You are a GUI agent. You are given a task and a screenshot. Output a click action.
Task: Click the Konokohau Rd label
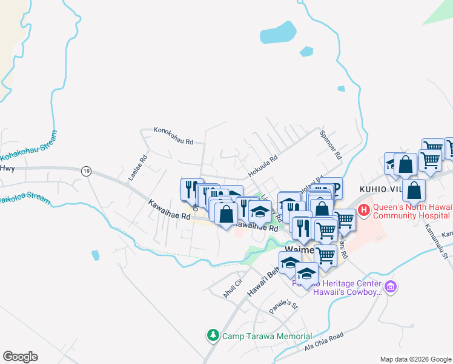tap(173, 135)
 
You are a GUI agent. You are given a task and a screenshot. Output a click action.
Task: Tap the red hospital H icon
tap(364, 211)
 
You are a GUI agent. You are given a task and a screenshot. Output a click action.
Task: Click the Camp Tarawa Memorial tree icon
tap(213, 335)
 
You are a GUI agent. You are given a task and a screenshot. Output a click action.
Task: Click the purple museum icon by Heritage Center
tap(391, 286)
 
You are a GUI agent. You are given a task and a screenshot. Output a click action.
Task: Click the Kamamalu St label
tap(435, 245)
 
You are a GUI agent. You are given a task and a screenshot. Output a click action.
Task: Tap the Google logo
tap(20, 357)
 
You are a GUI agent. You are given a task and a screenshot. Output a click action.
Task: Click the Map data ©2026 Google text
tap(415, 359)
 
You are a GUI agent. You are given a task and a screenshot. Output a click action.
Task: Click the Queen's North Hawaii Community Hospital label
tap(411, 211)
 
